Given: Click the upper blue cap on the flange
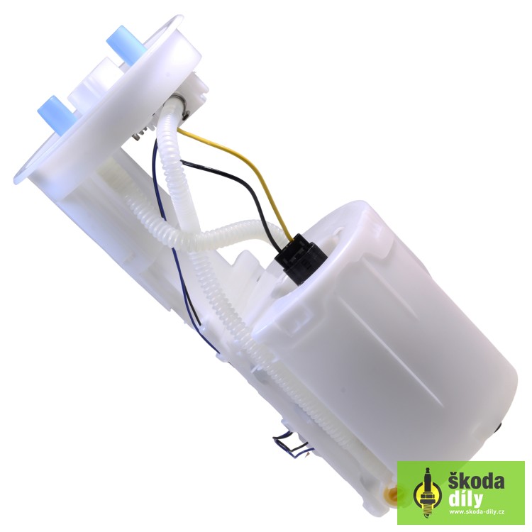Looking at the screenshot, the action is coord(126,44).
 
